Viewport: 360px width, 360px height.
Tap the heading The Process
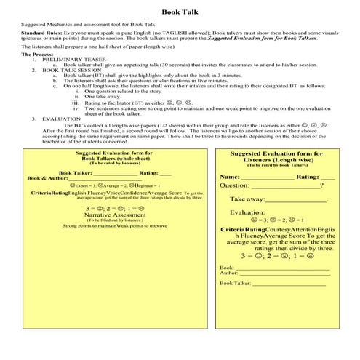coord(37,55)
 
